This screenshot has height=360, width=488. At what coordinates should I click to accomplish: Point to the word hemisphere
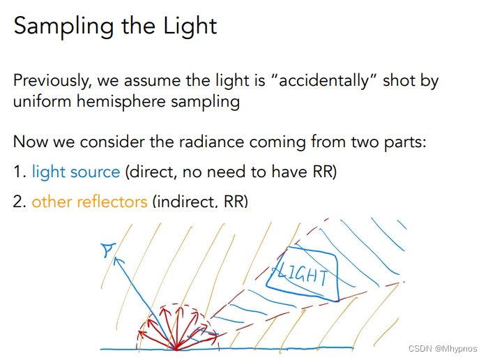(116, 102)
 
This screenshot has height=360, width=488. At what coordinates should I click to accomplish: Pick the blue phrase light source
(75, 172)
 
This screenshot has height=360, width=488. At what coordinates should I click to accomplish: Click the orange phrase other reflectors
(89, 202)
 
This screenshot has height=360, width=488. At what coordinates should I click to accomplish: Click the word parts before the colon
(402, 143)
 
